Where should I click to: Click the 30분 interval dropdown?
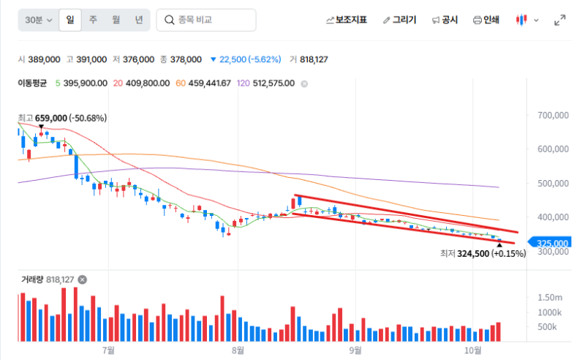pos(39,20)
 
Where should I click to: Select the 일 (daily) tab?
pos(70,20)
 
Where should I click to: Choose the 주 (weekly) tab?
pos(93,20)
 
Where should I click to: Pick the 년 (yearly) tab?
pos(139,20)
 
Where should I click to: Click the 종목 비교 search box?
pos(206,20)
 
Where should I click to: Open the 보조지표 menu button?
pos(346,20)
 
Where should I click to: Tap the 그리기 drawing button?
pos(399,20)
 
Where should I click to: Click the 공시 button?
pos(445,20)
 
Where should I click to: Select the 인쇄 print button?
pos(486,20)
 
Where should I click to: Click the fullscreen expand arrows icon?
pos(559,20)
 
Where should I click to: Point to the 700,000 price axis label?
pos(553,115)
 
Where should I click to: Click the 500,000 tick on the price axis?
pos(553,184)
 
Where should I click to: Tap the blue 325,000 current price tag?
pos(550,243)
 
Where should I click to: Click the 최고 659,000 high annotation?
pos(62,118)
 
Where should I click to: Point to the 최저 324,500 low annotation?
pos(483,254)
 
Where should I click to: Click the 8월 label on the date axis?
pos(238,350)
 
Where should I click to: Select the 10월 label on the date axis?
pos(472,350)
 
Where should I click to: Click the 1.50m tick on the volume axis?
pos(550,298)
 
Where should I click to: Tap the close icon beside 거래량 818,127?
pos(83,280)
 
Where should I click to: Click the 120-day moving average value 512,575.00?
pos(273,83)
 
